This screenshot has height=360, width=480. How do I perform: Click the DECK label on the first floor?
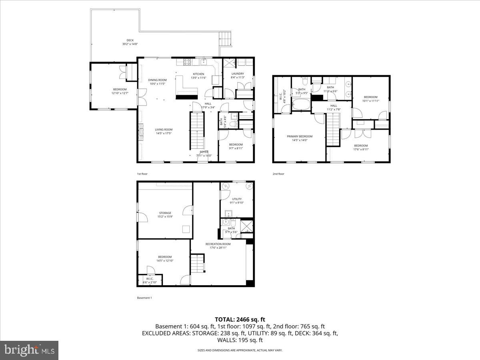(130, 40)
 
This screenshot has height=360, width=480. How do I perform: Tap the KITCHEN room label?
(199, 74)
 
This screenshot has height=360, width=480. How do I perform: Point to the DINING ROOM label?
(157, 80)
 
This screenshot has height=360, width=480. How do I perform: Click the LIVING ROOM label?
(164, 129)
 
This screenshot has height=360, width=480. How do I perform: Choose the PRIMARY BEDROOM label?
(300, 136)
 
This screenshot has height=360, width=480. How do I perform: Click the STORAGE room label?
(165, 213)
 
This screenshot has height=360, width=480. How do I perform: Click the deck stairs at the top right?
(226, 39)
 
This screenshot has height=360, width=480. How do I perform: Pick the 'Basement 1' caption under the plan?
(144, 298)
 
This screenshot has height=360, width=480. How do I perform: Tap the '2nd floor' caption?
(278, 174)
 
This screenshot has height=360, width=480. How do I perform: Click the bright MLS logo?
(29, 350)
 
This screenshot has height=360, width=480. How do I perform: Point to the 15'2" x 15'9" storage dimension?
(165, 217)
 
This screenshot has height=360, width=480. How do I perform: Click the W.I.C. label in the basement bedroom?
(150, 279)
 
